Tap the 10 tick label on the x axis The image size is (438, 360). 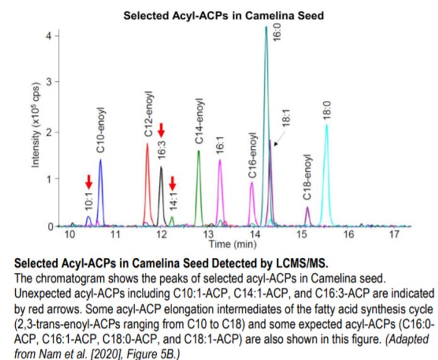[x=70, y=235]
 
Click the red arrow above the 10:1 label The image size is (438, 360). [x=88, y=182]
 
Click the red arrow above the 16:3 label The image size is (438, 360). [x=161, y=131]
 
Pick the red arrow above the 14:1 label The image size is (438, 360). [x=172, y=183]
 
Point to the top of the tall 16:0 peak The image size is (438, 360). [x=266, y=27]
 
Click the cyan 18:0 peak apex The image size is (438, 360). [x=326, y=125]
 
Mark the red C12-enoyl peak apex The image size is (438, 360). [x=147, y=144]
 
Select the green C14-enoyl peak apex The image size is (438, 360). [x=199, y=151]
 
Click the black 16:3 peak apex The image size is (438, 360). [x=161, y=167]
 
